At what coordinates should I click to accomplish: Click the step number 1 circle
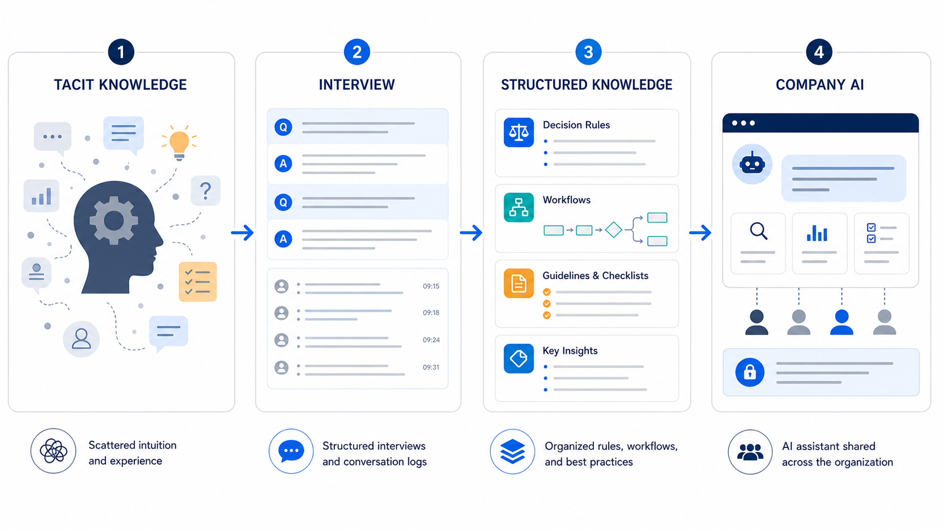[121, 52]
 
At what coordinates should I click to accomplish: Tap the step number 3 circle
[588, 52]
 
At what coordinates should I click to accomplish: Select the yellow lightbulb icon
[179, 143]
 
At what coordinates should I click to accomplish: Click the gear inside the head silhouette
[113, 221]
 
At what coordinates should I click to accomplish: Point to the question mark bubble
[205, 191]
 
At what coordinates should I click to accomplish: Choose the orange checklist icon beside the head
[197, 281]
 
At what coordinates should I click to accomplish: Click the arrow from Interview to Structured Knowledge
[471, 232]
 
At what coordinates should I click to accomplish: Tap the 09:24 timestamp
[431, 340]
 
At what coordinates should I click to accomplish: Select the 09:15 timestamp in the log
[431, 286]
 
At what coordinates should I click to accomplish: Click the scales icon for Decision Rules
[519, 132]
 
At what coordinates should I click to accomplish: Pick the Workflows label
[566, 200]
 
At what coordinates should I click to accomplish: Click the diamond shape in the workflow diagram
[614, 230]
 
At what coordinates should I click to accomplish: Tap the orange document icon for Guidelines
[519, 283]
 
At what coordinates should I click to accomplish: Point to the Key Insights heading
[570, 350]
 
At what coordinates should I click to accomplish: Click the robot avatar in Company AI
[752, 164]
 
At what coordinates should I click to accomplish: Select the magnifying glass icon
[759, 231]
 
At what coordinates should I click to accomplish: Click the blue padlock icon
[750, 372]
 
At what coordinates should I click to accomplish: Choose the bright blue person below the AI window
[841, 323]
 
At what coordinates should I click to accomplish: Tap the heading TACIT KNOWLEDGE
[120, 85]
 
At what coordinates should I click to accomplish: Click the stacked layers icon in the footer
[512, 451]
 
